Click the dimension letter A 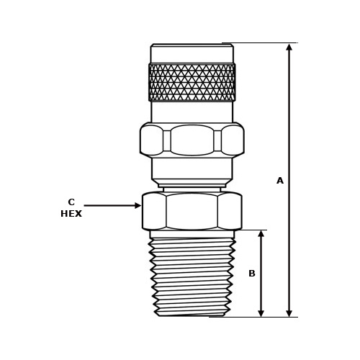point(280,181)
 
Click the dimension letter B point(252,274)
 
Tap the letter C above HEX point(71,202)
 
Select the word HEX point(71,214)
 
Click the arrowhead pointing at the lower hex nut point(138,205)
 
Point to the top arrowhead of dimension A point(289,48)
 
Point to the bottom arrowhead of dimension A point(289,312)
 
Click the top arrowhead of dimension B point(261,234)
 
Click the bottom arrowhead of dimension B point(261,312)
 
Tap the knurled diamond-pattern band point(192,82)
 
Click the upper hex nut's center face point(192,140)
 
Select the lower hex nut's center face point(192,211)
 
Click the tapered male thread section point(192,277)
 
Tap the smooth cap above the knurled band point(192,54)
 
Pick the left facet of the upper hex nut point(152,140)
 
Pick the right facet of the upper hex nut point(232,140)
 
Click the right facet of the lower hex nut point(229,211)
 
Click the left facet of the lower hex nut point(155,211)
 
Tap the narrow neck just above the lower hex point(192,189)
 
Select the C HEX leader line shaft point(108,205)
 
